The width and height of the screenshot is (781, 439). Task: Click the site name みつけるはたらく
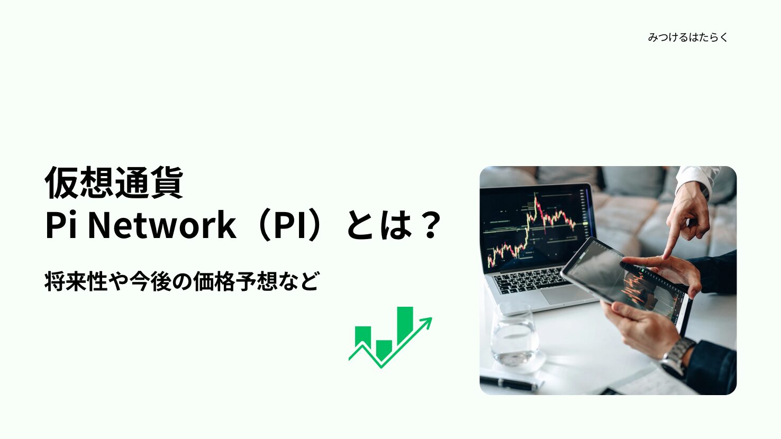tap(687, 37)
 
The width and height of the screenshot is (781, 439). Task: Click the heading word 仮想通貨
tap(114, 182)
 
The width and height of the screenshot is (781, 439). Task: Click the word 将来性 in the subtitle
tap(76, 281)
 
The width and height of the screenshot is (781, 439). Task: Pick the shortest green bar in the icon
tap(384, 350)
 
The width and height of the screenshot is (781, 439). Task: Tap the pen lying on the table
tap(509, 383)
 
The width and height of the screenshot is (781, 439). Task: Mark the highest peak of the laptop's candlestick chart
tap(535, 198)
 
